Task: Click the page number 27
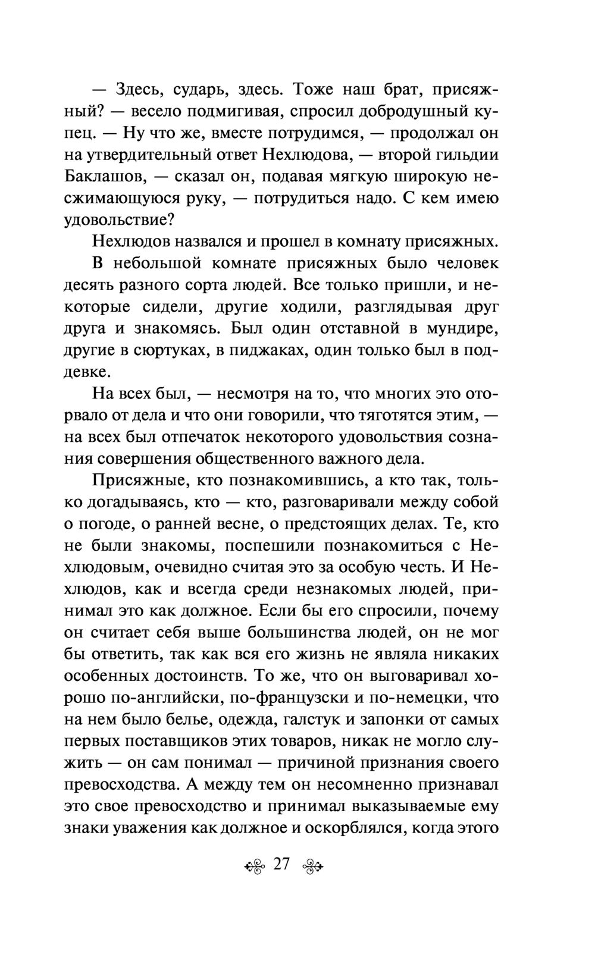coord(281,864)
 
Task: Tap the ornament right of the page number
coord(312,865)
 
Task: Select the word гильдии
coord(465,155)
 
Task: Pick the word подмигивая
coord(230,112)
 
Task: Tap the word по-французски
coord(305,697)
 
